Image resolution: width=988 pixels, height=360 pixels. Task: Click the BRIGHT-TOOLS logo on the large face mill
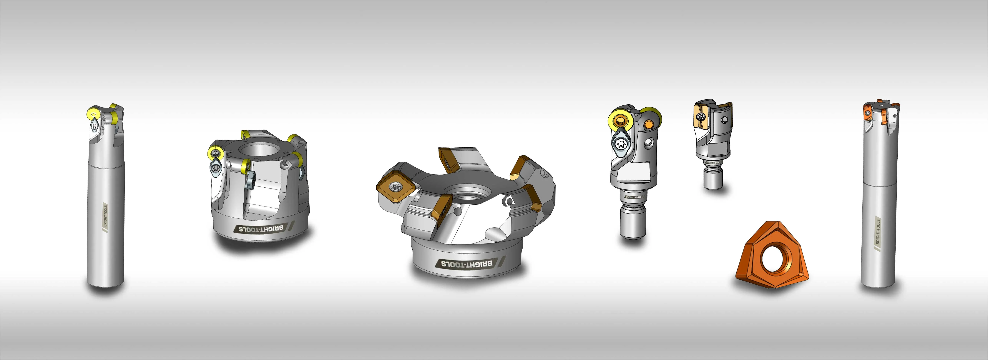pyautogui.click(x=466, y=264)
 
